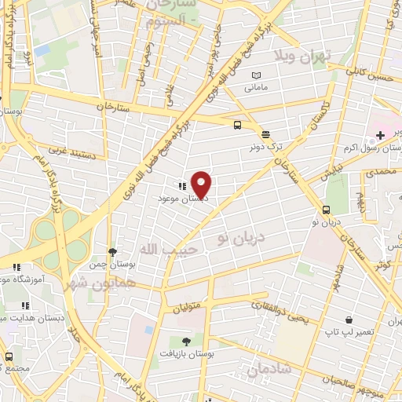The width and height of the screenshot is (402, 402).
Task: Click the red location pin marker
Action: point(202,184)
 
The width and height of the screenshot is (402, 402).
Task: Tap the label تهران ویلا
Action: point(302,55)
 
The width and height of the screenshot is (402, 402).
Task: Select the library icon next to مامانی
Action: point(255,75)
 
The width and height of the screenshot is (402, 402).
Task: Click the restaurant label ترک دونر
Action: point(265,147)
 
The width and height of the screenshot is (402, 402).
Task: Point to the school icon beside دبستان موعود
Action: point(182,187)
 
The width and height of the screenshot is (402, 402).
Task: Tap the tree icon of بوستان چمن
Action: point(113,252)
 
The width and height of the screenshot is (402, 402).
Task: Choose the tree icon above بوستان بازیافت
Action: point(186,342)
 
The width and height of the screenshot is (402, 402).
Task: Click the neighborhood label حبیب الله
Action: point(160,249)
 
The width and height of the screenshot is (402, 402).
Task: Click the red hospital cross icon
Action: point(380,136)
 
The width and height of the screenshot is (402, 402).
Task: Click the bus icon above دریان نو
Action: point(325,210)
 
